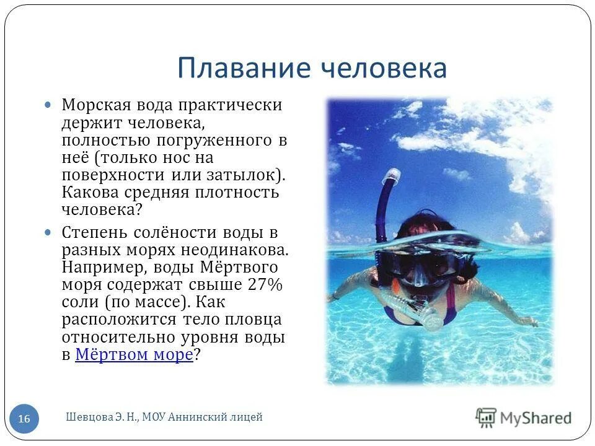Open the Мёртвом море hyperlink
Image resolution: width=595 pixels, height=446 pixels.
(134, 355)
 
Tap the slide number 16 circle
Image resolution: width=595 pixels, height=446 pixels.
(24, 419)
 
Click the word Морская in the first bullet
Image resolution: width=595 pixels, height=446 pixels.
(93, 105)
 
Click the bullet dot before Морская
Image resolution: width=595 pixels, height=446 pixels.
(49, 105)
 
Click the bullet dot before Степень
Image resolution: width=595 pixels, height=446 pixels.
(49, 234)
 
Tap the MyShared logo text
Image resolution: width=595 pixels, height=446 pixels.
(535, 418)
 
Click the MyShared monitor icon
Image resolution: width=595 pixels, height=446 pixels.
(486, 418)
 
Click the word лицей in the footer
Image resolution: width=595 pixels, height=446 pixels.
(248, 418)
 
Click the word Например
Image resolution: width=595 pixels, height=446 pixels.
(99, 268)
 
